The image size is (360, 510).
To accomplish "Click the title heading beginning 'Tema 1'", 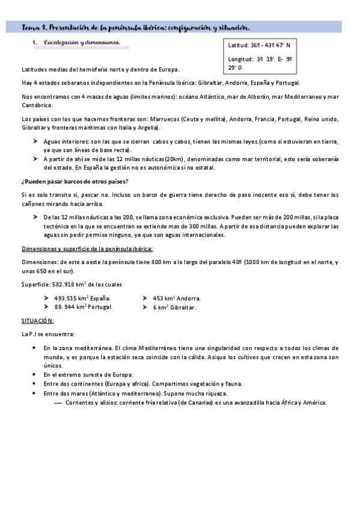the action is point(136,27).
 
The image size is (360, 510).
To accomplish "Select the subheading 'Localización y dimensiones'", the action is point(78,43).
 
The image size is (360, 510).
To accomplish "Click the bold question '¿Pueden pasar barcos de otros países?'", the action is point(75,182).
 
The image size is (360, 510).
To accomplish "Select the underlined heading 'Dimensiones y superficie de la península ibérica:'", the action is point(87,248).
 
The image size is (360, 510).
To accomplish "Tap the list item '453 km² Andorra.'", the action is point(177,298).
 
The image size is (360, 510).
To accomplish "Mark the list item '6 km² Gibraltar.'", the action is point(174,307).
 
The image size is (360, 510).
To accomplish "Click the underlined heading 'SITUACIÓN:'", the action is point(37,321).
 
